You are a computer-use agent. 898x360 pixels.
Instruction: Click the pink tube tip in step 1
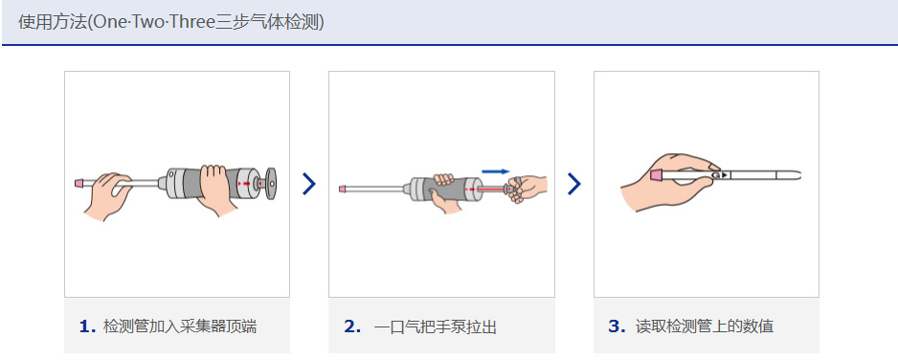pos(79,183)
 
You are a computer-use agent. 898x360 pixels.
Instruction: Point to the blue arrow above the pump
pos(495,170)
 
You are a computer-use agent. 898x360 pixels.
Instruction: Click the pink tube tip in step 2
pos(342,189)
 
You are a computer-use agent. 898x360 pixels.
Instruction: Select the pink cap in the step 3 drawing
pos(657,174)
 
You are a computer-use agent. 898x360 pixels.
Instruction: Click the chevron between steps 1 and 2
pos(308,184)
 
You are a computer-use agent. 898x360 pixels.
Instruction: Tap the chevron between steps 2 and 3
pos(573,184)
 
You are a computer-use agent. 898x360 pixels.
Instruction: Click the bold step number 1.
pos(87,326)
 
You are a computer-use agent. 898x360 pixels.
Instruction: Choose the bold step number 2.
pos(352,326)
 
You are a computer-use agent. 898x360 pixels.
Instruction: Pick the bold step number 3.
pos(617,326)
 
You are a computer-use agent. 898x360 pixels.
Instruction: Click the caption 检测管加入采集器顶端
pos(180,326)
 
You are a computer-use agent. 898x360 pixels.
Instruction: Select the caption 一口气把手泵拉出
pos(436,327)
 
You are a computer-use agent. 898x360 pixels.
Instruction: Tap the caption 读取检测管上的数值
pos(705,326)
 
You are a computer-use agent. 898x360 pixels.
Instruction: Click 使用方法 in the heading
pos(52,22)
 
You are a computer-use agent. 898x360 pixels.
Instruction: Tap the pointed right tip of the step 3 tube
pos(800,174)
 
